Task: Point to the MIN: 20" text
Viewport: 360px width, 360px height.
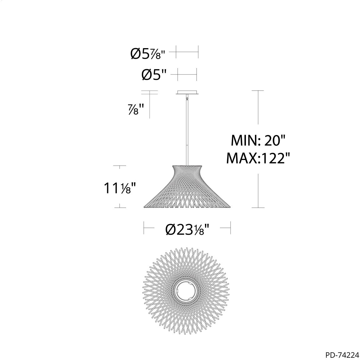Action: pos(258,141)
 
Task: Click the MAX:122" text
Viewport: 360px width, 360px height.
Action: pos(256,158)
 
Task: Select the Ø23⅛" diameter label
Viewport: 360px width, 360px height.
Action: pos(187,230)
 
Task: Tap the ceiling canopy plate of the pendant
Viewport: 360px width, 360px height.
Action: pos(187,92)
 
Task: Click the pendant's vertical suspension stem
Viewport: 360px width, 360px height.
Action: pos(187,131)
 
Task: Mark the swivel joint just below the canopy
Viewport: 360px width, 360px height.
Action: pos(187,98)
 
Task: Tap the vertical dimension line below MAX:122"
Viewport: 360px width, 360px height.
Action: pos(258,191)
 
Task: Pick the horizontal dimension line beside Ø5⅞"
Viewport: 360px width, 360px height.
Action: pos(187,52)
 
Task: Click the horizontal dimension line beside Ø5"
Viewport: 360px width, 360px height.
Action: pos(187,75)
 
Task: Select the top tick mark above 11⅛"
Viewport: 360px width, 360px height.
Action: pos(120,166)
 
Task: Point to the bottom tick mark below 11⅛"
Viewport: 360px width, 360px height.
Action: pos(120,207)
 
